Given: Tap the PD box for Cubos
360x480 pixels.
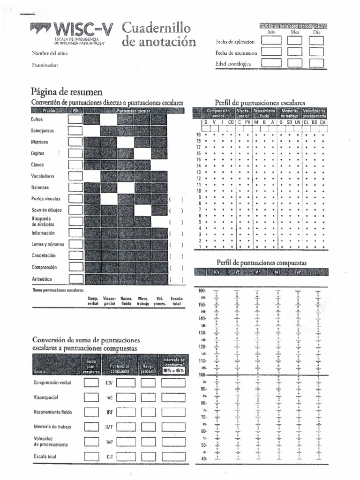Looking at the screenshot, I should pos(75,119).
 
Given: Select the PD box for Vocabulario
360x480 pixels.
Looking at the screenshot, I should pos(75,176).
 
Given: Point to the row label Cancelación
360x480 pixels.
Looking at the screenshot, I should pos(44,256).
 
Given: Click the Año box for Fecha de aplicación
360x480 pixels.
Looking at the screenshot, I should pos(271,41).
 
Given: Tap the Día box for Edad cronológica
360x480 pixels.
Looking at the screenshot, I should pos(316,63).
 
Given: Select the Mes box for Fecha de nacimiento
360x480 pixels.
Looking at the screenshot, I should pos(295,52).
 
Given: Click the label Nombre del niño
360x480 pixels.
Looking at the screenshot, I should pos(49,53).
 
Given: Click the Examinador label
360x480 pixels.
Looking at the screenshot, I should pos(45,65).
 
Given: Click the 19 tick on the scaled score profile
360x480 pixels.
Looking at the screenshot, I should pos(198,135).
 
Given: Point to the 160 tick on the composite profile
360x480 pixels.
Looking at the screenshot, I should pos(202,291).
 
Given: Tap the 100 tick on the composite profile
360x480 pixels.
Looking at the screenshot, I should pos(202,375).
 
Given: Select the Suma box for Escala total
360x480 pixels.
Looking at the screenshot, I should pos(91,455).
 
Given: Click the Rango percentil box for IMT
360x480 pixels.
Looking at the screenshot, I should pos(148,427).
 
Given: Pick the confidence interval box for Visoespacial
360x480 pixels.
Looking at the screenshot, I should pos(173,397).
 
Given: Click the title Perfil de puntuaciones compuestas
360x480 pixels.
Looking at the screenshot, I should pos(261,263).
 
